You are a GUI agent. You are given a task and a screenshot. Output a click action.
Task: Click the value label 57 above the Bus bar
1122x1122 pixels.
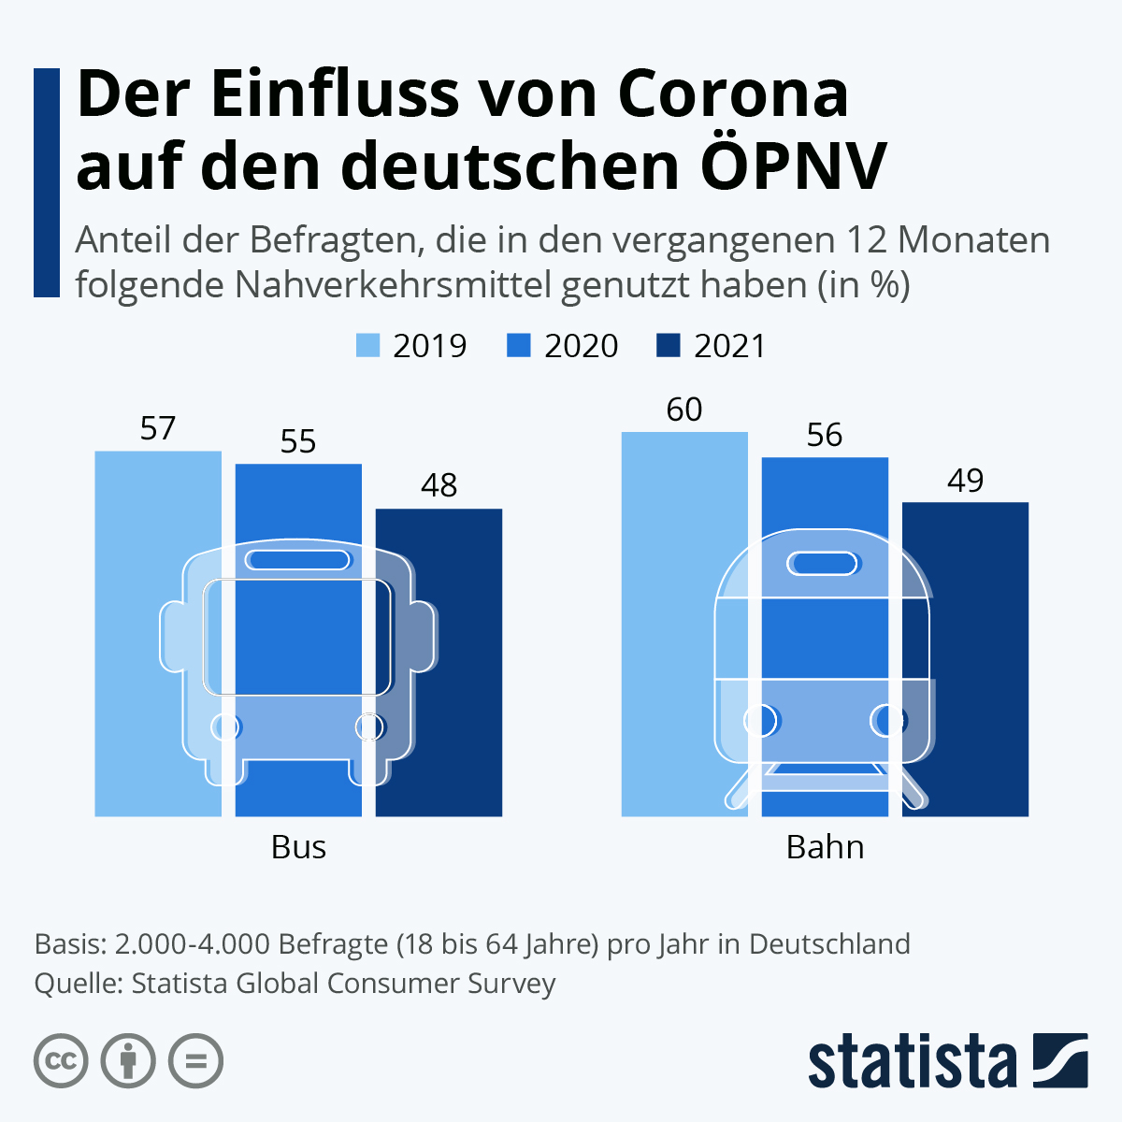[158, 428]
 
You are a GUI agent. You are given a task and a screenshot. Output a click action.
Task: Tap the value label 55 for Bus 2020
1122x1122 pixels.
[298, 441]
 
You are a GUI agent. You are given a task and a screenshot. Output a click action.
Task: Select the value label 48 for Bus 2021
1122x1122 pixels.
[439, 485]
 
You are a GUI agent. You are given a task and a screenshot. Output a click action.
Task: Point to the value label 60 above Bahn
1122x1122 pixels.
[684, 410]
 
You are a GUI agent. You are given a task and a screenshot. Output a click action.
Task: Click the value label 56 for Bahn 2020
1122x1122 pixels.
[825, 435]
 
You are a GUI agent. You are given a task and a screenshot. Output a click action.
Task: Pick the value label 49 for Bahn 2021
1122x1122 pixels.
[965, 481]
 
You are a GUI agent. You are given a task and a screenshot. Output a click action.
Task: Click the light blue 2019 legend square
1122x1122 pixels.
[368, 346]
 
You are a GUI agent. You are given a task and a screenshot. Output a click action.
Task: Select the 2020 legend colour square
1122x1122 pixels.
[519, 346]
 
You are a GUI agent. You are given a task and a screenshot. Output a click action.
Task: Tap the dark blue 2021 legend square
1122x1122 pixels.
[669, 346]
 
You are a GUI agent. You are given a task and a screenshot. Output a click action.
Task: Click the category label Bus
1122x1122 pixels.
[298, 847]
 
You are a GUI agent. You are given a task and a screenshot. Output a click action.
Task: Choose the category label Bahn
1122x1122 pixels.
[825, 847]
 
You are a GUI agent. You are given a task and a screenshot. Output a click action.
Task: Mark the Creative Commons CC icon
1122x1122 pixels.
[61, 1061]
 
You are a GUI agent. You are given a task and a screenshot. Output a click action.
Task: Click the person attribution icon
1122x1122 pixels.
[128, 1061]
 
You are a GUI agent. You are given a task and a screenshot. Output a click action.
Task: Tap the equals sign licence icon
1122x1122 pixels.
[195, 1061]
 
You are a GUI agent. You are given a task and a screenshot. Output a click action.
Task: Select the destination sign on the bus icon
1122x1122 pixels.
[298, 560]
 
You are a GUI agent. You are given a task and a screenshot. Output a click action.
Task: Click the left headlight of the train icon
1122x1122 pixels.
[761, 721]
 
